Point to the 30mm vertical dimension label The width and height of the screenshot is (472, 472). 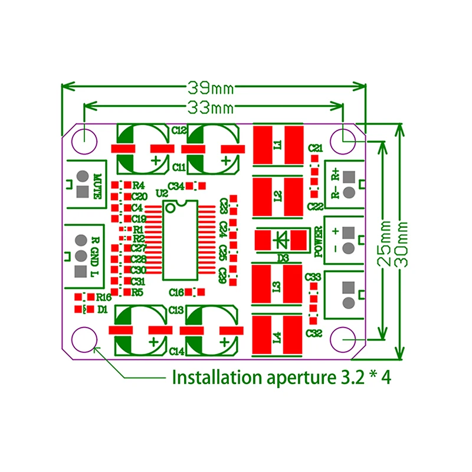[403, 242]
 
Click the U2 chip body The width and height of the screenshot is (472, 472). [180, 239]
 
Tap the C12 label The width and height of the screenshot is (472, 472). [179, 130]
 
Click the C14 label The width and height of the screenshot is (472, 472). [178, 352]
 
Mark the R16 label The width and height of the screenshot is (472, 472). [103, 297]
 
